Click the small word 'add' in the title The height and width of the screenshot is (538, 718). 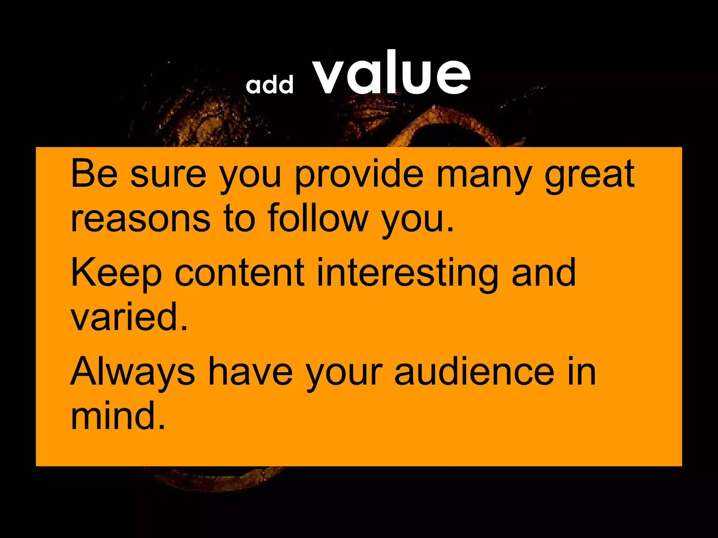(x=269, y=85)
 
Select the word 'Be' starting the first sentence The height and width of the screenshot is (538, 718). (x=94, y=174)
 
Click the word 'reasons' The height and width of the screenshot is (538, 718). (x=140, y=219)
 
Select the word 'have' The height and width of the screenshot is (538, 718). (x=250, y=371)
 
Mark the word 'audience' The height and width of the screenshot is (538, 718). (x=474, y=371)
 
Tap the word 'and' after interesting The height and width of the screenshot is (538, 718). (x=543, y=273)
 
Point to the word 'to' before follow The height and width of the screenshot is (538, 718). (x=239, y=219)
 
